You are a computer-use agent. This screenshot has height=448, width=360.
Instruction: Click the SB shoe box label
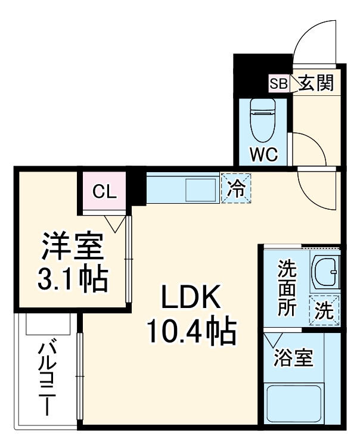tap(278, 83)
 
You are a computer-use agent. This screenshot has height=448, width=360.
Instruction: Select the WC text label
tap(263, 155)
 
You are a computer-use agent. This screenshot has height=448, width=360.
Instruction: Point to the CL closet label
tap(105, 191)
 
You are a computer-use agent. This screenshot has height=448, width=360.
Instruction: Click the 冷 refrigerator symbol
tap(237, 188)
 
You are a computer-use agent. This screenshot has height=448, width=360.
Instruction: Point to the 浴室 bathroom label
tap(293, 359)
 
